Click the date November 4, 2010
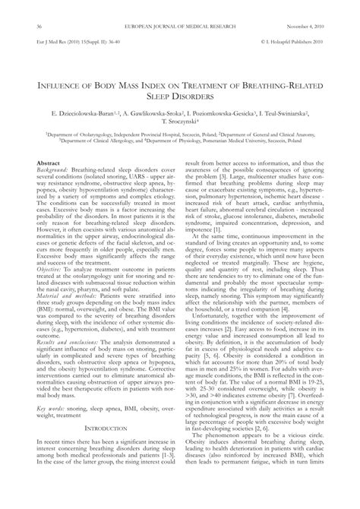tap(311, 27)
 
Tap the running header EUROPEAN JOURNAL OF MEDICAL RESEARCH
tap(180, 27)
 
